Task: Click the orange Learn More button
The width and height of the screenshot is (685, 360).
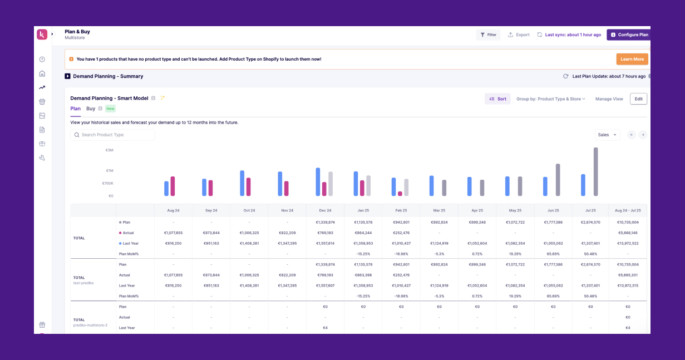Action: (632, 59)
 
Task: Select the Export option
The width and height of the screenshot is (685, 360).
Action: (519, 34)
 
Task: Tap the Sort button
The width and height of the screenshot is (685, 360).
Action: (497, 99)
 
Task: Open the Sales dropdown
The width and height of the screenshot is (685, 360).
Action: (607, 135)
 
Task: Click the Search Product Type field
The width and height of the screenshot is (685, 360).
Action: (113, 135)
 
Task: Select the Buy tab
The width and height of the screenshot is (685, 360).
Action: (91, 109)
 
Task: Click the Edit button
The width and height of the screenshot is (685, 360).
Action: (638, 99)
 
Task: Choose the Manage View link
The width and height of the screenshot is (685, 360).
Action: (609, 99)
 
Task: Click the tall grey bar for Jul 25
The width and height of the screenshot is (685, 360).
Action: (595, 171)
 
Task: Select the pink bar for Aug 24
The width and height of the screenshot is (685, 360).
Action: (173, 186)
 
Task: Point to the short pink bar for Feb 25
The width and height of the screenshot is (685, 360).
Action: (400, 194)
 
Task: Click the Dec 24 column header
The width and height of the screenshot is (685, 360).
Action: (325, 211)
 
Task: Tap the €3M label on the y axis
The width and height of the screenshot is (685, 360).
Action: (109, 150)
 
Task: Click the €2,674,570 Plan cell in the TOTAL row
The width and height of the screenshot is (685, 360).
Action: (590, 222)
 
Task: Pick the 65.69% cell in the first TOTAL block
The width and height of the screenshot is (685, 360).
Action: (553, 254)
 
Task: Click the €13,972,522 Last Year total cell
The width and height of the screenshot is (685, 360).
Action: (628, 243)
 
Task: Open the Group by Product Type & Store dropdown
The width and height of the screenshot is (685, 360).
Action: (550, 99)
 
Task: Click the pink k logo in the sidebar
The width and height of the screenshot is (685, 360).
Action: (42, 34)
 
